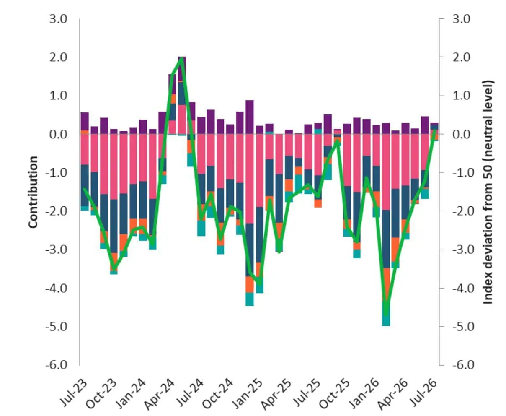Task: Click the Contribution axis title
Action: pyautogui.click(x=33, y=192)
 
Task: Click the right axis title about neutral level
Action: pyautogui.click(x=487, y=192)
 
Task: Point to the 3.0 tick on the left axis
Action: pyautogui.click(x=58, y=19)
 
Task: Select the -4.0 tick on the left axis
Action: pyautogui.click(x=57, y=288)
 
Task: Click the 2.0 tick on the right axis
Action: pyautogui.click(x=461, y=57)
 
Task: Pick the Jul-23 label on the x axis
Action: pyautogui.click(x=73, y=392)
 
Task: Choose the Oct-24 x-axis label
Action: pyautogui.click(x=217, y=393)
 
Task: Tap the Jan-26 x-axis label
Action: pyautogui.click(x=363, y=393)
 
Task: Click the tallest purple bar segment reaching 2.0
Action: pyautogui.click(x=182, y=69)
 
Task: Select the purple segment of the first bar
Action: pyautogui.click(x=85, y=121)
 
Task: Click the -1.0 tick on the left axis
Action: pyautogui.click(x=57, y=172)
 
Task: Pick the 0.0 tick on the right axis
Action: pyautogui.click(x=461, y=134)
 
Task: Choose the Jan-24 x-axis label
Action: pyautogui.click(x=130, y=393)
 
